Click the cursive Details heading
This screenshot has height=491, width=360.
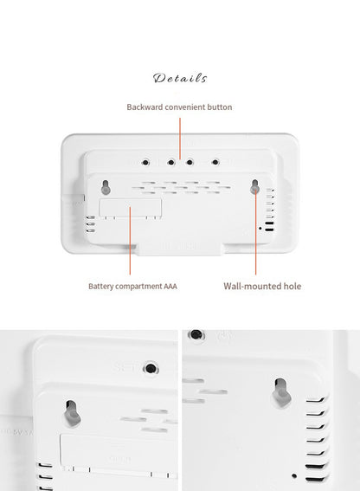click(180, 79)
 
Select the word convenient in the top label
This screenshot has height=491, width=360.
click(190, 107)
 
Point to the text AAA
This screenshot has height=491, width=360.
click(170, 286)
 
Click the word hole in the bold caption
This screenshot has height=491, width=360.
click(292, 286)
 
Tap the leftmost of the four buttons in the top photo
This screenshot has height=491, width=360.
click(144, 162)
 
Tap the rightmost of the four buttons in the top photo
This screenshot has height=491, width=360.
click(214, 162)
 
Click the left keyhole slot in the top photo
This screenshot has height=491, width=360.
click(105, 187)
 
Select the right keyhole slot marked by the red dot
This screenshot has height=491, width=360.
click(255, 187)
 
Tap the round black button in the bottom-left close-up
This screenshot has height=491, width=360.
click(152, 369)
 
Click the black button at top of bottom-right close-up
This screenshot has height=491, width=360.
click(197, 333)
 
